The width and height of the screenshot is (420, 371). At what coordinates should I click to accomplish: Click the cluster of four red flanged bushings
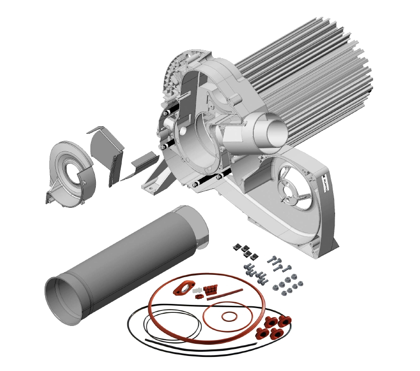(272, 327)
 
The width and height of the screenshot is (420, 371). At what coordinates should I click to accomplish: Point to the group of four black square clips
(246, 251)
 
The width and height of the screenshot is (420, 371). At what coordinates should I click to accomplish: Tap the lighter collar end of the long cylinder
(201, 230)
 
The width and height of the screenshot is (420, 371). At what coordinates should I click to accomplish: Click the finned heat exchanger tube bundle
(310, 80)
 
